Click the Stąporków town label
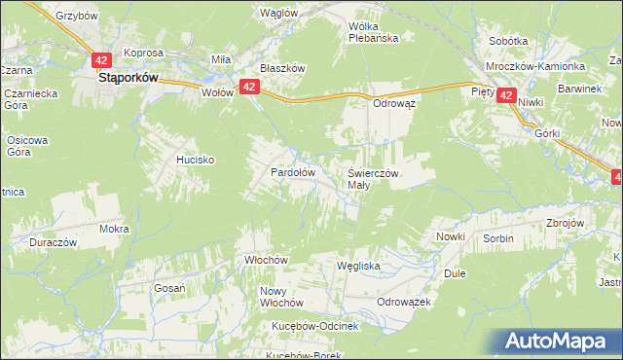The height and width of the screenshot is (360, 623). click(x=128, y=81)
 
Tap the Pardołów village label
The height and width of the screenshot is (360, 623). click(x=292, y=172)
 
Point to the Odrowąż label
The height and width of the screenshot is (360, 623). click(x=395, y=102)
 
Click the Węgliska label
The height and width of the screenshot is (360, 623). click(x=357, y=265)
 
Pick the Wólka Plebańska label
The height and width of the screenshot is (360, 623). click(x=381, y=32)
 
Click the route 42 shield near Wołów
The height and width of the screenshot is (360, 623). click(x=249, y=88)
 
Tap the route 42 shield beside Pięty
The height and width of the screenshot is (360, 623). click(x=506, y=95)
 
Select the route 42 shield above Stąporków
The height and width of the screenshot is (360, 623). click(x=102, y=59)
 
